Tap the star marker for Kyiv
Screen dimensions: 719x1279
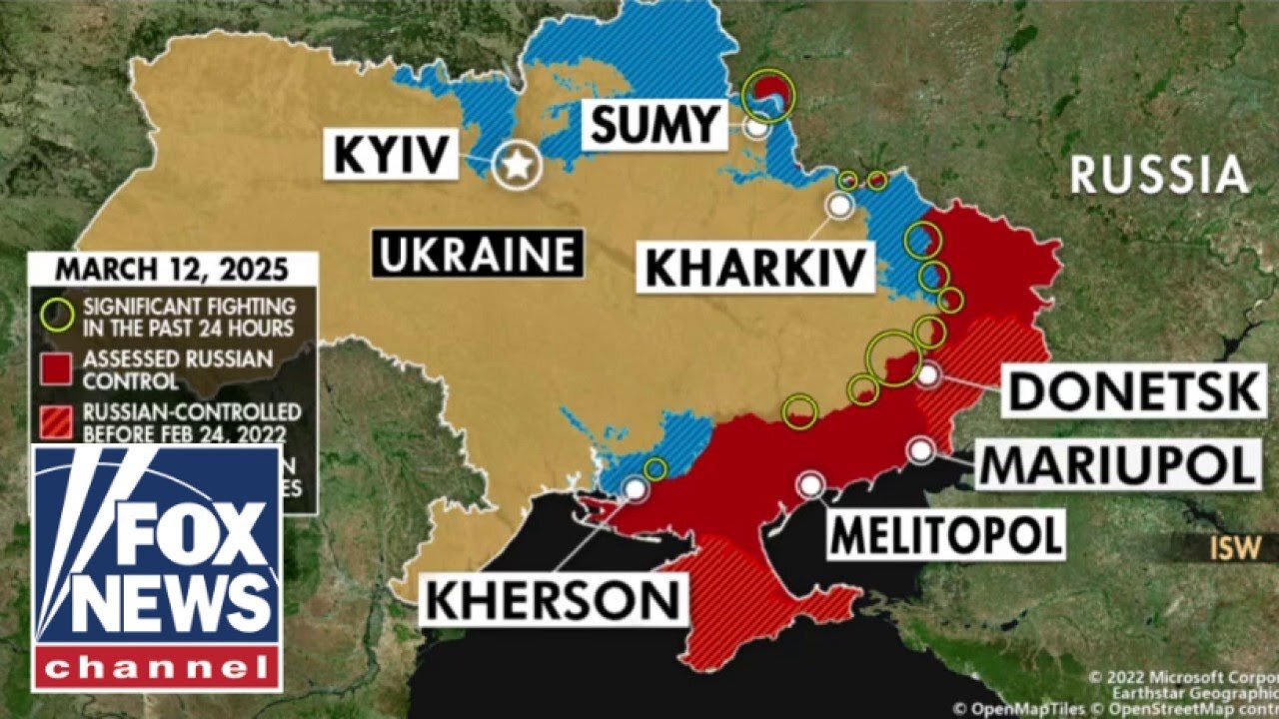point(517,167)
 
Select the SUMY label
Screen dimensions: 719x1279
point(654,125)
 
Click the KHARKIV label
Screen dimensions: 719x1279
point(752,267)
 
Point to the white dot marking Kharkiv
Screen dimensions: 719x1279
point(840,206)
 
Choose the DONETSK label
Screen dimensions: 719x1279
point(1134,390)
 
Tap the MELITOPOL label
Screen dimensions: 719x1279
point(945,535)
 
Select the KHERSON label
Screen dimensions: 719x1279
point(552,600)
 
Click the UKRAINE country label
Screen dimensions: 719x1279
point(477,254)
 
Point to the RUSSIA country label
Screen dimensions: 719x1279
point(1159,176)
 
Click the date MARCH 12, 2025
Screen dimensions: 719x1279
point(171,270)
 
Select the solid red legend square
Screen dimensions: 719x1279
point(56,367)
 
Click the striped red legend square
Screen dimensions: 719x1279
point(56,420)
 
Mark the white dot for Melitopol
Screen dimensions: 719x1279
point(810,485)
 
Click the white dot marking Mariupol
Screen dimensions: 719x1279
point(920,450)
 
